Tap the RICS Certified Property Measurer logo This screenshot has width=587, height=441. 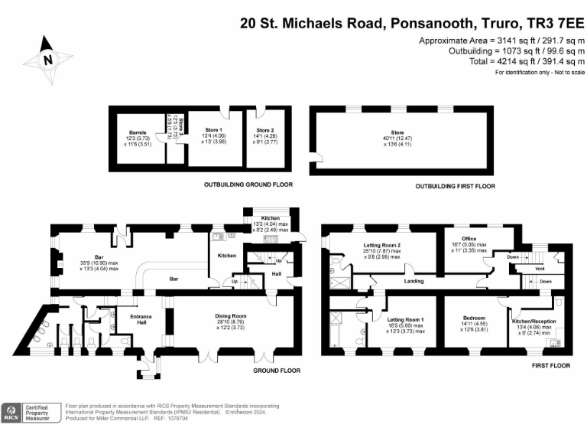coord(31,413)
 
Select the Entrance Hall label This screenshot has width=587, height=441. coord(140,320)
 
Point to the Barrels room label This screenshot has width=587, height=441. coord(138,131)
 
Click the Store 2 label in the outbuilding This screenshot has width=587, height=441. coord(265,130)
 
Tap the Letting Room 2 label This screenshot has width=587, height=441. coord(382,247)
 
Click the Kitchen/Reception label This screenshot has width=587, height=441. coord(534,322)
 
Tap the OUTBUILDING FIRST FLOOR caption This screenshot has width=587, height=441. coord(455,186)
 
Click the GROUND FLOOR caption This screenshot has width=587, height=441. coord(276,371)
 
